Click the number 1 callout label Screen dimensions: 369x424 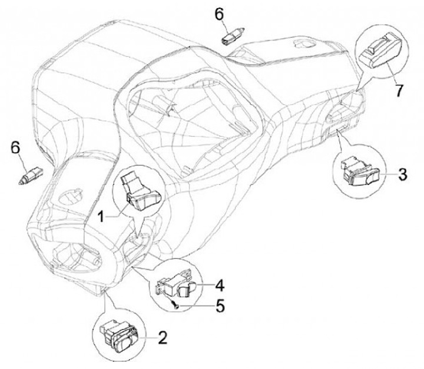101,216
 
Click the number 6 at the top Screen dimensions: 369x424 219,14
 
